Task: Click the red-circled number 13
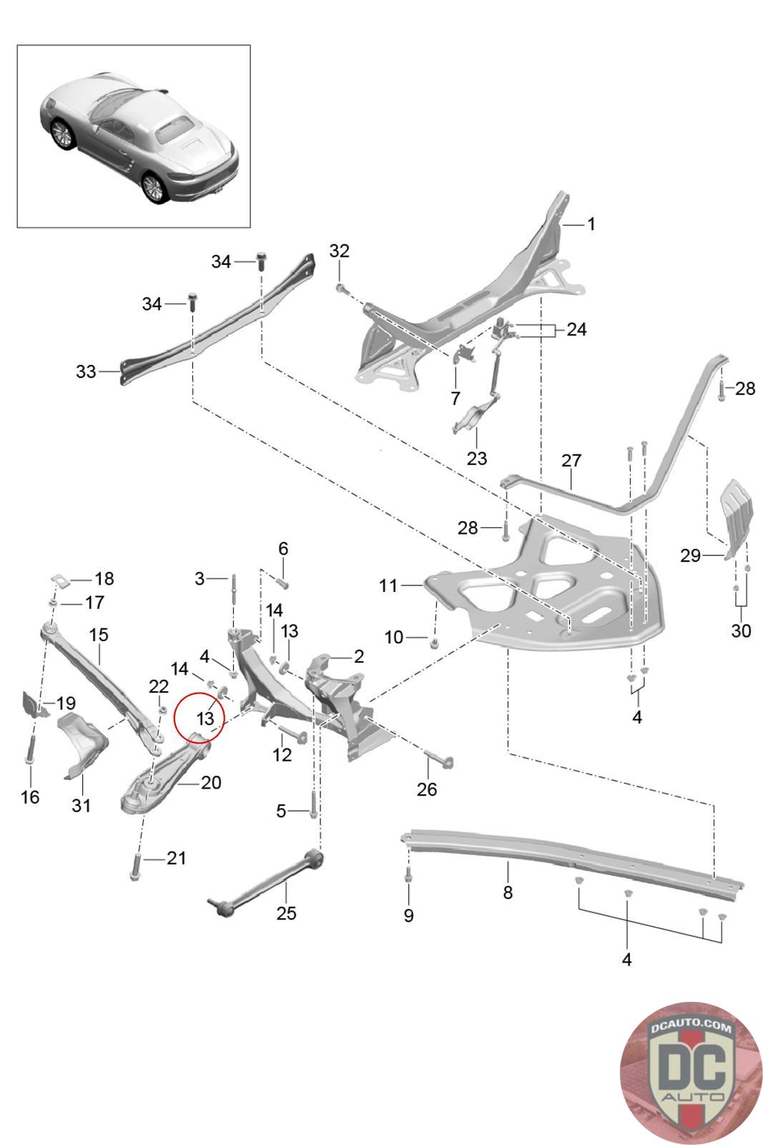(205, 718)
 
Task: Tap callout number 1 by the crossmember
(591, 224)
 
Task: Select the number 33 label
(86, 371)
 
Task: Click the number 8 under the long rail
(507, 892)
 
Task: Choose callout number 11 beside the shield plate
(388, 585)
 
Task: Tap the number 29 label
(690, 555)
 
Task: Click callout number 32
(339, 250)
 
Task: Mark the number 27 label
(571, 460)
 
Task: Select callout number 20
(211, 782)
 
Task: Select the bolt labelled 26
(439, 759)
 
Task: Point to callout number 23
(476, 458)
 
